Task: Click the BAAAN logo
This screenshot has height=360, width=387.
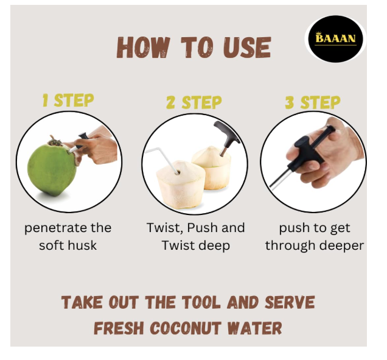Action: coord(335,39)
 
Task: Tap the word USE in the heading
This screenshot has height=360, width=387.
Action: coord(247,47)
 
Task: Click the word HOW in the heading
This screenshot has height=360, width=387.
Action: coord(144,47)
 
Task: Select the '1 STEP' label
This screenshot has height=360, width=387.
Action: coord(68,100)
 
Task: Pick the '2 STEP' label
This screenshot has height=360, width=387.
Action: coord(194,102)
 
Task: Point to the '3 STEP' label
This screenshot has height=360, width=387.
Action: coord(313,102)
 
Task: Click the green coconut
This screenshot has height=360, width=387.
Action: coord(52,169)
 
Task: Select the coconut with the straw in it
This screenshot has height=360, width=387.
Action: coord(181,184)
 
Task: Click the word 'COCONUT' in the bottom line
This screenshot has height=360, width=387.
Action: coord(185,328)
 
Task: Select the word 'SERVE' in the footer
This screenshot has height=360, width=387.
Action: coord(290,302)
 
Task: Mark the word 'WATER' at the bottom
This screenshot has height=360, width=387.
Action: coord(254,328)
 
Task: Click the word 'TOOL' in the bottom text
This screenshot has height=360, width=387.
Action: coord(201,302)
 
